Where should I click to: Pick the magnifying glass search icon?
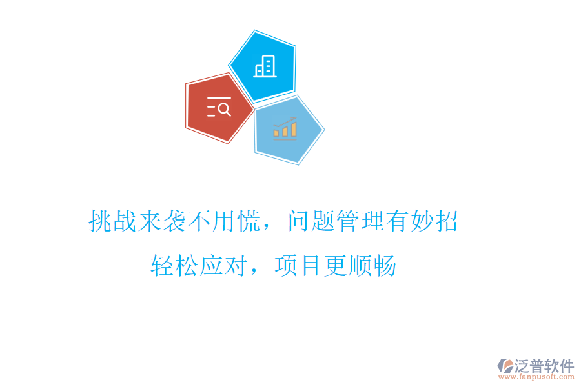[x=220, y=107]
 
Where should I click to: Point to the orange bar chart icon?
[x=285, y=129]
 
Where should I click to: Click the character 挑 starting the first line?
[x=100, y=221]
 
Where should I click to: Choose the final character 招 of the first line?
[x=446, y=221]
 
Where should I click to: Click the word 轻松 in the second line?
[x=175, y=265]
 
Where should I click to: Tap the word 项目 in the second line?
[x=298, y=265]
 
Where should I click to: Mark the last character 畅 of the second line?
[x=385, y=265]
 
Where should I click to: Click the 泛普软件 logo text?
[x=544, y=366]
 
